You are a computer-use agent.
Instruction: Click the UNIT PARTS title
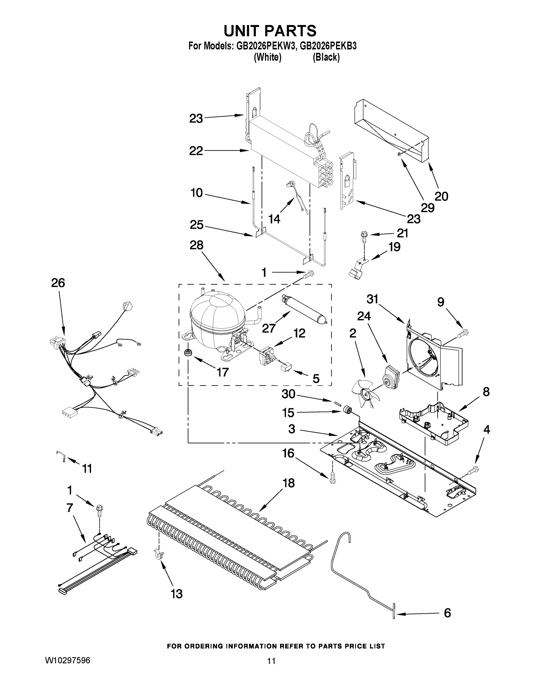click(270, 31)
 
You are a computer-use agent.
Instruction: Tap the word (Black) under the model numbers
click(326, 57)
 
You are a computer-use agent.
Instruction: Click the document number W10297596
click(67, 660)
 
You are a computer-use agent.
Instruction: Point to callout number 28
click(197, 245)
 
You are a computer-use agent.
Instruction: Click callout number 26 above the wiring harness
click(58, 283)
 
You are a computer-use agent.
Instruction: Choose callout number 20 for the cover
click(441, 196)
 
